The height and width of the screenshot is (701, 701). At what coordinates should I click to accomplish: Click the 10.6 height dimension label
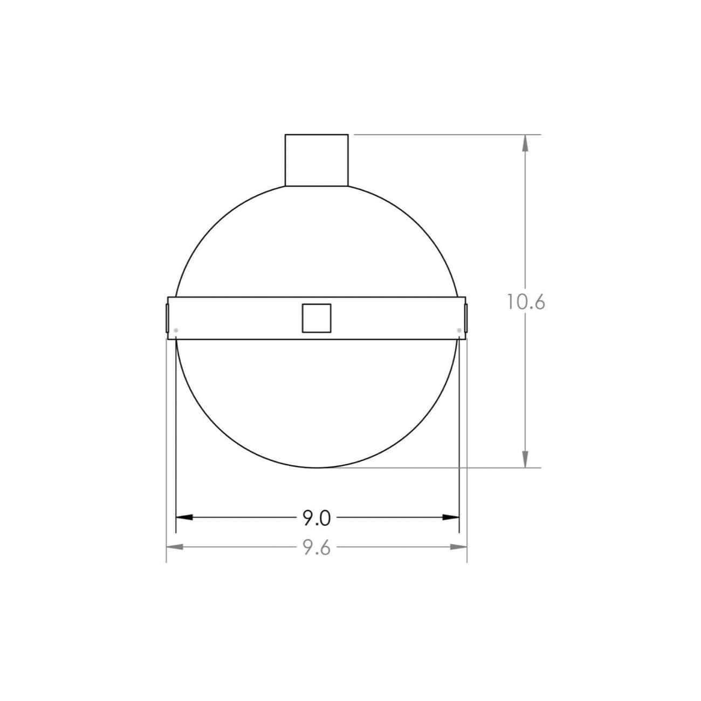pyautogui.click(x=526, y=302)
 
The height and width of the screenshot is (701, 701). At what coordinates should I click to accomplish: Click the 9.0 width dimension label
pyautogui.click(x=317, y=518)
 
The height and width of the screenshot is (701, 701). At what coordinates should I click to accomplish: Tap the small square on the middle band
pyautogui.click(x=317, y=318)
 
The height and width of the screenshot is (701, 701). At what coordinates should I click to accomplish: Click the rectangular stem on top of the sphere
pyautogui.click(x=317, y=160)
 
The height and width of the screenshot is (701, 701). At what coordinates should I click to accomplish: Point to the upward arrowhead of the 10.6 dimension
pyautogui.click(x=525, y=143)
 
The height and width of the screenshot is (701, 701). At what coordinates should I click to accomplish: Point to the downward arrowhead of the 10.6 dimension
pyautogui.click(x=525, y=459)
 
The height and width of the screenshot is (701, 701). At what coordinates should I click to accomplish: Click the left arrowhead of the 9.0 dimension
pyautogui.click(x=184, y=517)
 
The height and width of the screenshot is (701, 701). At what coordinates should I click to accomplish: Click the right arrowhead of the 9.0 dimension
pyautogui.click(x=451, y=517)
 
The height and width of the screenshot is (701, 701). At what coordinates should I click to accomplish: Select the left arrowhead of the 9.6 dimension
pyautogui.click(x=175, y=546)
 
